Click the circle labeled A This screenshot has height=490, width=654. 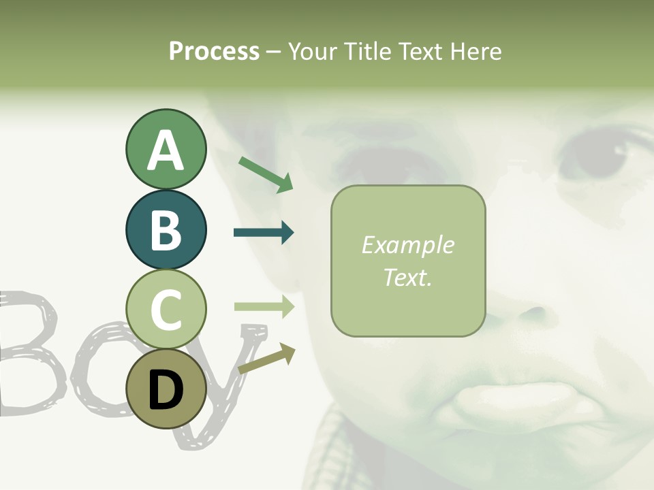166,149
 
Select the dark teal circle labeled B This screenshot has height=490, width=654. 166,229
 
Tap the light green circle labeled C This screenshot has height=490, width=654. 166,310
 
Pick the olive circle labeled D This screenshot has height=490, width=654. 166,390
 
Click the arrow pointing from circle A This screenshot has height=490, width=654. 266,174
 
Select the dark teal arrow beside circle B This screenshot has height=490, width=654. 264,233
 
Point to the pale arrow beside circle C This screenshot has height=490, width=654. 264,307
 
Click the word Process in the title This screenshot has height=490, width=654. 214,51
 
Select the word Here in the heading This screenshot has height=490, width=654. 474,51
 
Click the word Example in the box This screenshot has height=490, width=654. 407,245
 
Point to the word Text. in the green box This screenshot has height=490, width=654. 407,277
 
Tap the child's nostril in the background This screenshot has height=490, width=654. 535,314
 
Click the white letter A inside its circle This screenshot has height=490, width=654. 166,150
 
